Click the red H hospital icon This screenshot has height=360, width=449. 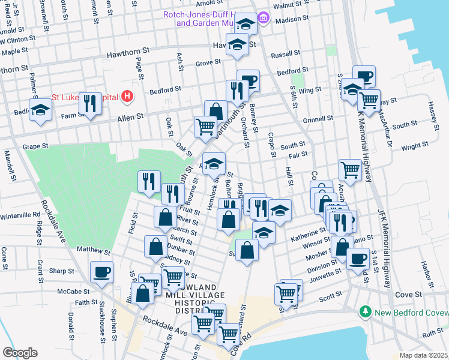126,96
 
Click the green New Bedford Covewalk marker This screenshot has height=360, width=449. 365,312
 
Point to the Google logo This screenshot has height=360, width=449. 20,352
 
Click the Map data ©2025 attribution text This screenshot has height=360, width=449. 423,355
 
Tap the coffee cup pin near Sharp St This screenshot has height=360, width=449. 101,272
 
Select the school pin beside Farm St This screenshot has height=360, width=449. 40,110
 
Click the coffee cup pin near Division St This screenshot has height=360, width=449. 358,259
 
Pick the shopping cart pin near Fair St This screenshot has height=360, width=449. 349,169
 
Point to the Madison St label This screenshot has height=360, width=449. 292,19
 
